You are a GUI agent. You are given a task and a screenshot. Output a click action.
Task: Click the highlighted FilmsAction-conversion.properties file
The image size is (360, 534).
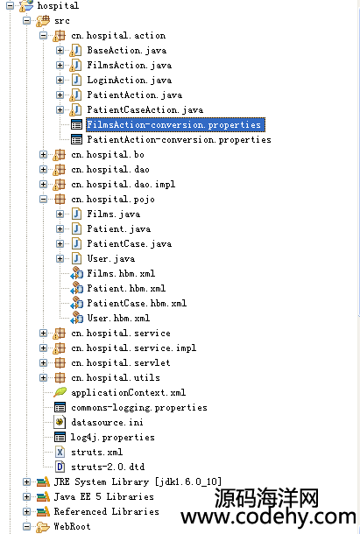coord(173,124)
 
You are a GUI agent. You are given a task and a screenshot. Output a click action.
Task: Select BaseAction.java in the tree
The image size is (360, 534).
coord(127,51)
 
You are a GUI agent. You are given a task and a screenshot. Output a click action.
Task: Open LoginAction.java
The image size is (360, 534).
coord(130,80)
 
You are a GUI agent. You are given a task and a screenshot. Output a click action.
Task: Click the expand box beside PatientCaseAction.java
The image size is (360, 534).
coord(60,109)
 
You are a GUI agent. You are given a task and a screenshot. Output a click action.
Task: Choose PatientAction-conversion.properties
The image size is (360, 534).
coord(179,140)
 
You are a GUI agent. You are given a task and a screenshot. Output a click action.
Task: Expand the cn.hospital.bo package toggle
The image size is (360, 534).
coord(43,155)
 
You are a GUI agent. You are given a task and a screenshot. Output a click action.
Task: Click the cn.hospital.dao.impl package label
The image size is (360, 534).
coord(124,184)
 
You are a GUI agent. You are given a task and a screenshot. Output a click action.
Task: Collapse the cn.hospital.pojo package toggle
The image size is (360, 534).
coord(43,199)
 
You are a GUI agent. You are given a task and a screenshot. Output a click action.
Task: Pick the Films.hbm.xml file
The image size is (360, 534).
coord(121,273)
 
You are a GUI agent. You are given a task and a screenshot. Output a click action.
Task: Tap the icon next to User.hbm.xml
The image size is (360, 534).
coord(77,318)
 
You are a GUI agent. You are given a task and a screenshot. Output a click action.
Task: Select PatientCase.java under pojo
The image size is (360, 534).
coord(130,244)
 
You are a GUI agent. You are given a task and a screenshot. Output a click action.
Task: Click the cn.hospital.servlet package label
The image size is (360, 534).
coord(121,362)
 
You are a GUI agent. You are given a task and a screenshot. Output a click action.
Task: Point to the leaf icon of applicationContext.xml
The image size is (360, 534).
coord(60,392)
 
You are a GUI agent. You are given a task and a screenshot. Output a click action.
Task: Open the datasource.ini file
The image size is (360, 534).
coord(107,422)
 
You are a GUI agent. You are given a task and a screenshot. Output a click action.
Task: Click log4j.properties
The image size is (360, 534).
coord(112,438)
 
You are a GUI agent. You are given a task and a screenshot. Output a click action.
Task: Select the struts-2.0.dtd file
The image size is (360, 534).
coord(108,467)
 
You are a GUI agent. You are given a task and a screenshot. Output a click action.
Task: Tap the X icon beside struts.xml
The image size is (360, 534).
coord(60,452)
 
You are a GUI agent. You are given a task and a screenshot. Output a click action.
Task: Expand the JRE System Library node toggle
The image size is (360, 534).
coord(26,481)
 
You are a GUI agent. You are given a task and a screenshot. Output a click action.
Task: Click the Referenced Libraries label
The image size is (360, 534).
coord(106,511)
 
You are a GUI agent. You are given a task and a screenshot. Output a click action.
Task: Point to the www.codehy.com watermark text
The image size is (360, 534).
coord(268,517)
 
